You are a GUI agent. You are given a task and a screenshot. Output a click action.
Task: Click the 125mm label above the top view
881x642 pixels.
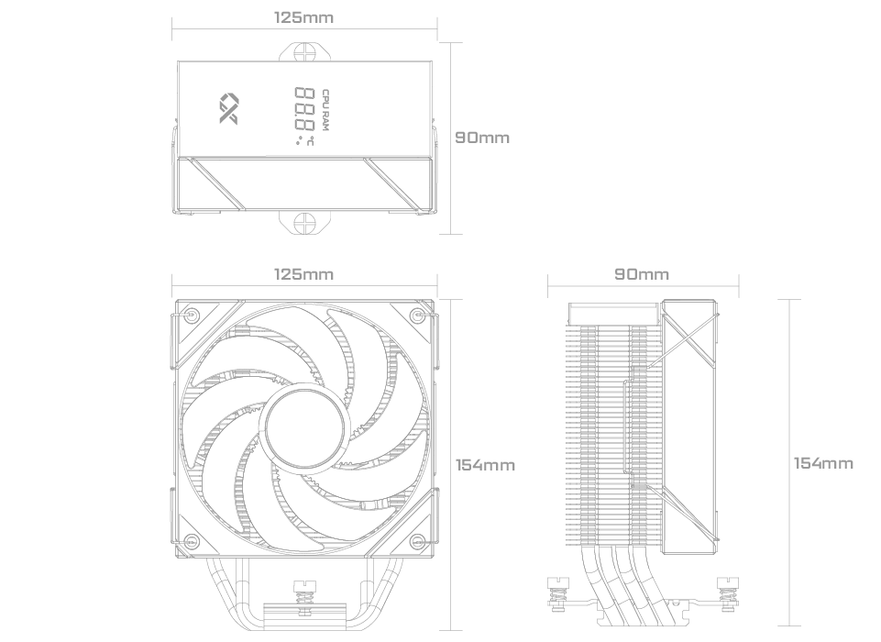point(304,17)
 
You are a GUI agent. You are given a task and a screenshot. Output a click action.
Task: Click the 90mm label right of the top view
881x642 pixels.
point(482,138)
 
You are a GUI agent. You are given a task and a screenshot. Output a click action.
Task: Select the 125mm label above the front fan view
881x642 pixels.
point(304,274)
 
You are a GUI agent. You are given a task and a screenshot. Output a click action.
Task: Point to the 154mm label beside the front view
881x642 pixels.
point(485,465)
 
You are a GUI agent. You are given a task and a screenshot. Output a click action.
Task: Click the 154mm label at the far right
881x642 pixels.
point(823,463)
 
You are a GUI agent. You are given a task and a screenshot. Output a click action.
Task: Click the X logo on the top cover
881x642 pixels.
point(228,108)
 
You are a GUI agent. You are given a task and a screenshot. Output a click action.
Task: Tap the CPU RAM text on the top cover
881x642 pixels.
point(325,110)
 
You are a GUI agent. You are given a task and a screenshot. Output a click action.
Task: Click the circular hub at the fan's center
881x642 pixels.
point(304,427)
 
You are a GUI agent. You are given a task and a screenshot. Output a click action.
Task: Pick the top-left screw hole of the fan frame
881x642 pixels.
point(192,315)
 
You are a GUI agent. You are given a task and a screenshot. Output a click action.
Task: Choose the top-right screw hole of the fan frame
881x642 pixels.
point(416,315)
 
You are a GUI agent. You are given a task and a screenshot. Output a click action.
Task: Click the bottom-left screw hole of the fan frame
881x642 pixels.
point(192,542)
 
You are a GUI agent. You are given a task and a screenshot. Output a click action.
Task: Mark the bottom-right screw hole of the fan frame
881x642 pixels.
point(416,542)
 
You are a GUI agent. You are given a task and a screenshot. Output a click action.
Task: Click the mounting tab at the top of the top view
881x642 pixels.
point(304,51)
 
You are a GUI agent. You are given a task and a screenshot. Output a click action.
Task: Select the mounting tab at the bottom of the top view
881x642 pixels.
point(304,222)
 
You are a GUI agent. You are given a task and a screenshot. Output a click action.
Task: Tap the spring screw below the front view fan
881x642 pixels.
point(304,593)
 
